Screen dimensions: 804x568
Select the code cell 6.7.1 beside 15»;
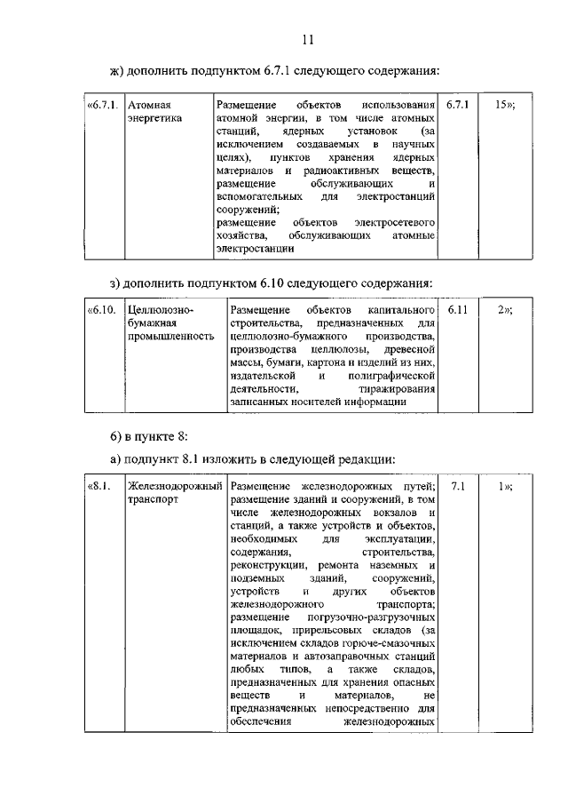[457, 104]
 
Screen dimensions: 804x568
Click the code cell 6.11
[458, 310]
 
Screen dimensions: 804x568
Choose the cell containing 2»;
[505, 310]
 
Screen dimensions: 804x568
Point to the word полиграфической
[391, 376]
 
